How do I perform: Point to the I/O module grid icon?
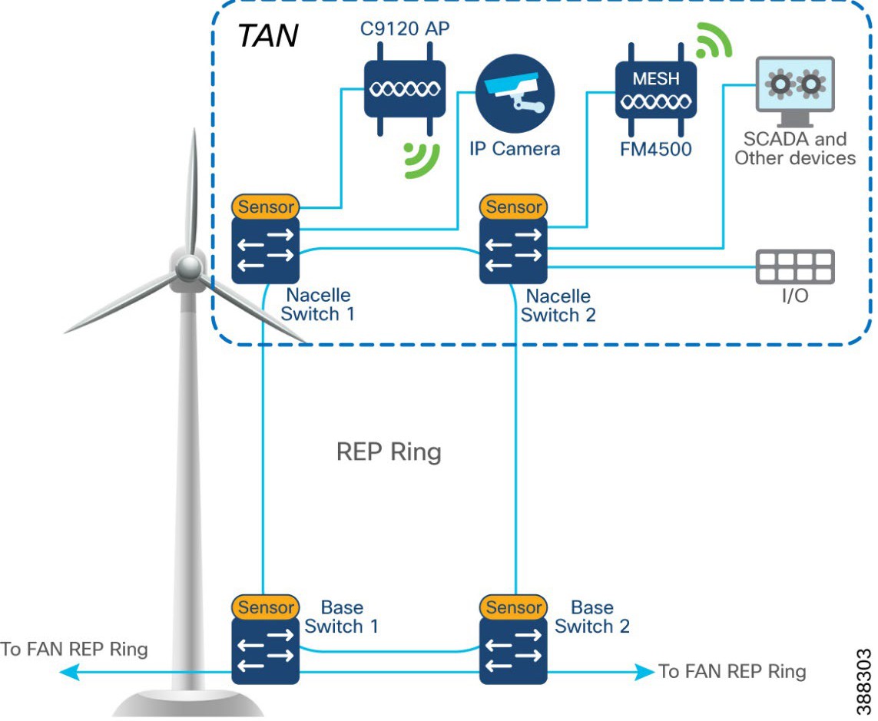click(x=795, y=266)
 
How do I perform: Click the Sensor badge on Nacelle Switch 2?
click(x=514, y=207)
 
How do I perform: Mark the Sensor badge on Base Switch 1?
click(x=266, y=607)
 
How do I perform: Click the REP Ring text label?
click(x=389, y=451)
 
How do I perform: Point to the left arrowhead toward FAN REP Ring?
click(x=68, y=673)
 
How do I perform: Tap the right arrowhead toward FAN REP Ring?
click(x=645, y=673)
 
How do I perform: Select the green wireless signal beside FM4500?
click(x=714, y=42)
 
